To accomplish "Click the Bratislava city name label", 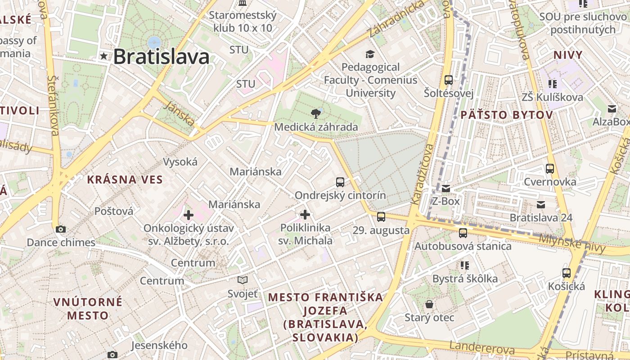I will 161,57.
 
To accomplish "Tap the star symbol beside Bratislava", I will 104,56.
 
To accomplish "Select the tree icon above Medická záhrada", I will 316,113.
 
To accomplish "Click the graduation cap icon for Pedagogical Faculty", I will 370,54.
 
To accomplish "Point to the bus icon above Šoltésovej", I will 448,80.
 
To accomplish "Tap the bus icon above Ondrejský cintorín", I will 340,182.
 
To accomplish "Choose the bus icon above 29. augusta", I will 381,217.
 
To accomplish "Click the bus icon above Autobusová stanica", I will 463,233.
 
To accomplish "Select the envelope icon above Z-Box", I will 445,188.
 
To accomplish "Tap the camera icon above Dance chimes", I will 61,229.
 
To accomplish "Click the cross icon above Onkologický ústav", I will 188,215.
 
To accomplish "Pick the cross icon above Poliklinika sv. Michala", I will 305,214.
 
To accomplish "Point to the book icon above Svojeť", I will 243,280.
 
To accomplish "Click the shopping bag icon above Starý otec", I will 429,304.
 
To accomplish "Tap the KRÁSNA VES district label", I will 125,180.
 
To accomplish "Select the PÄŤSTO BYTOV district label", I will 506,115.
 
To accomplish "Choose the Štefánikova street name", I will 53,105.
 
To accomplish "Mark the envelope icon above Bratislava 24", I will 541,205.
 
